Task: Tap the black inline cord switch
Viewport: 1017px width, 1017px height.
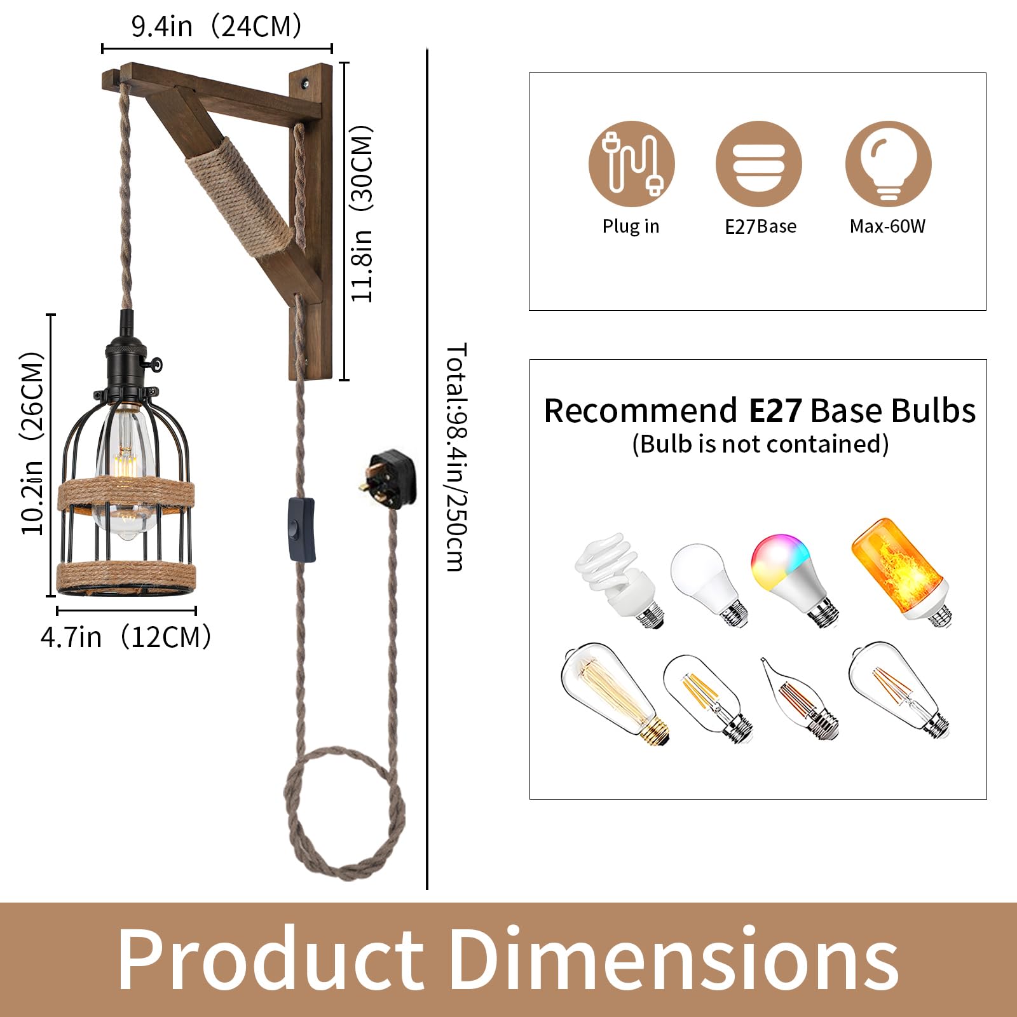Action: tap(302, 530)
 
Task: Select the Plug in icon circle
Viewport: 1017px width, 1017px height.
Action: tap(631, 163)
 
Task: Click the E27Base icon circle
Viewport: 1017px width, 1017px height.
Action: tap(759, 163)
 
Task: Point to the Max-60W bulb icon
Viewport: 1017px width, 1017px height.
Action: tap(888, 163)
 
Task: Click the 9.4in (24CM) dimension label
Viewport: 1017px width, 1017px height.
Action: tap(216, 27)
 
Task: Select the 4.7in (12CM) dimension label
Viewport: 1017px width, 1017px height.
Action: tap(126, 637)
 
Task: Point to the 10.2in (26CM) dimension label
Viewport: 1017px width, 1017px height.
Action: tap(32, 443)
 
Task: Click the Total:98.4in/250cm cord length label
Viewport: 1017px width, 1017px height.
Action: tap(456, 457)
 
